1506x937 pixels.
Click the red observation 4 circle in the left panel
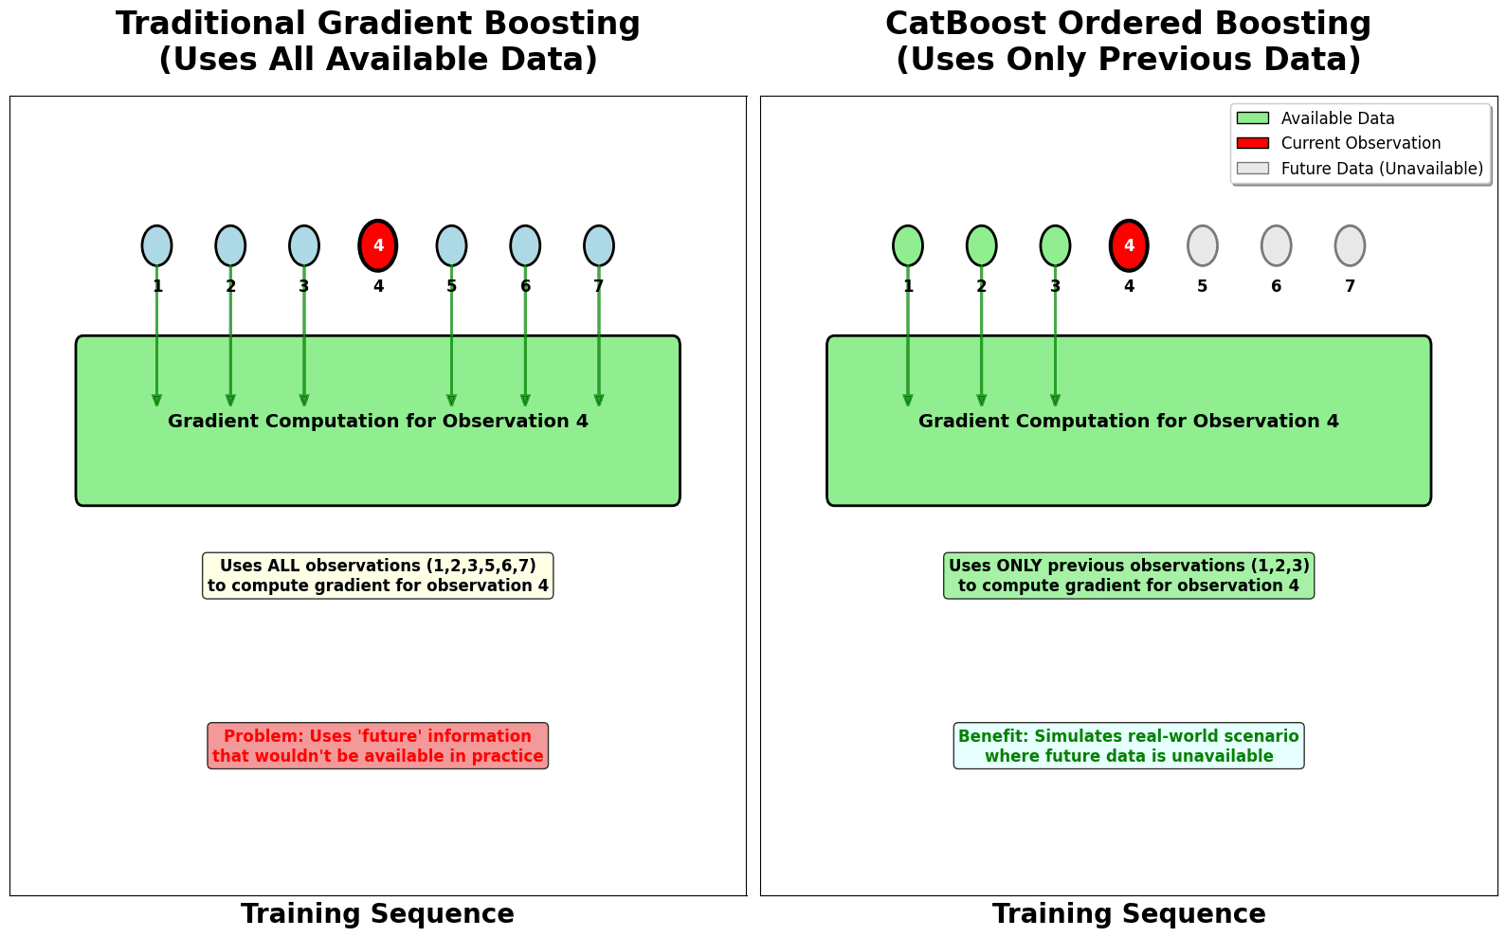pos(378,246)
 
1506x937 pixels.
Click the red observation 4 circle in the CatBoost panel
pos(1129,246)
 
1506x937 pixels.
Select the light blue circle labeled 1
pos(157,246)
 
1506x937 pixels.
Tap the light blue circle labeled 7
pos(599,246)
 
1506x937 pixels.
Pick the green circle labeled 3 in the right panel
pos(1055,246)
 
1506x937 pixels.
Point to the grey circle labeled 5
pos(1203,246)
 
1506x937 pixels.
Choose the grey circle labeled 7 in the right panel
pos(1350,246)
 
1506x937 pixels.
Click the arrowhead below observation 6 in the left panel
pos(525,401)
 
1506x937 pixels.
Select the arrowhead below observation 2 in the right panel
pos(982,401)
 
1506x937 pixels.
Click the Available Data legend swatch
pos(1252,118)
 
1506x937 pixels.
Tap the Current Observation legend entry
pos(1360,143)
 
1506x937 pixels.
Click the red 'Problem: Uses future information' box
pos(378,747)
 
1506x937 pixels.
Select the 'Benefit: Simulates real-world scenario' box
pos(1129,747)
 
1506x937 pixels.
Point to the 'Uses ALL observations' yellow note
pos(378,576)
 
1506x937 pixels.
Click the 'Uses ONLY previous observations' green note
pos(1129,576)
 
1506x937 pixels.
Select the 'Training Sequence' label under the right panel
pos(1129,914)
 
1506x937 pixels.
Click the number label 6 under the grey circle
pos(1276,286)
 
